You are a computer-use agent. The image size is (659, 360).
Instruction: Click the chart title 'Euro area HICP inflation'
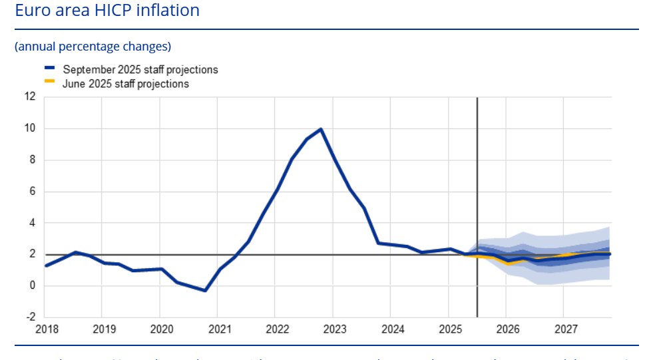107,11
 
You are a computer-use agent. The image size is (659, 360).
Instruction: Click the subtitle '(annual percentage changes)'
93,46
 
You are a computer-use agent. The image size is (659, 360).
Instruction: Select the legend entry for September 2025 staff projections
140,69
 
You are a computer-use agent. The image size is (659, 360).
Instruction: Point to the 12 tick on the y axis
30,96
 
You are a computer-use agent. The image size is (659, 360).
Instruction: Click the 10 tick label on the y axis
30,128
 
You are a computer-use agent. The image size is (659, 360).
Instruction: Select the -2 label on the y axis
30,317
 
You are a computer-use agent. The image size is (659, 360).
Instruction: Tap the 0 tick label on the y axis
32,286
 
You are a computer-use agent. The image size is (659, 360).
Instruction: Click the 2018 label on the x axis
47,329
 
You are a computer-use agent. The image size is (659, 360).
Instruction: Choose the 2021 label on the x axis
220,329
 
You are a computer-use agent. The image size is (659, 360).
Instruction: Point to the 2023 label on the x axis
335,329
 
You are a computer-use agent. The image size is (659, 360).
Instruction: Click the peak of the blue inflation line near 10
321,129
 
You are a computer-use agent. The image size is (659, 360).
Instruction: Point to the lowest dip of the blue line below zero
205,290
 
